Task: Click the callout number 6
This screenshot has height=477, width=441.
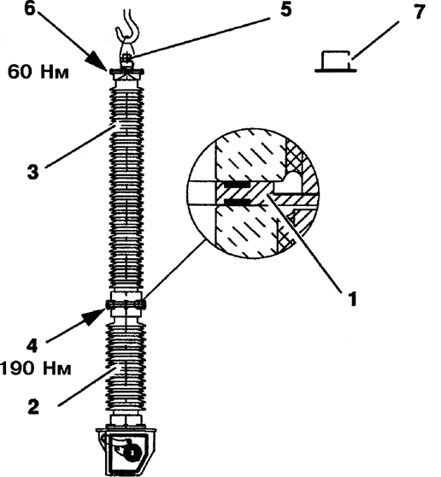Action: click(x=30, y=9)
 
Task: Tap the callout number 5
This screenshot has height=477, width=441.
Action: click(x=285, y=9)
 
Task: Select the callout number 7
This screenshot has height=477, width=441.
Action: click(x=420, y=13)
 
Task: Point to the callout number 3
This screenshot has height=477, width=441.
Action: click(x=33, y=172)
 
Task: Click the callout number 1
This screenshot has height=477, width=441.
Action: click(x=352, y=298)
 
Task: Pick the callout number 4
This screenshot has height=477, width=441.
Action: click(x=32, y=346)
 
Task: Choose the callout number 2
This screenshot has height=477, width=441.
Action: click(x=33, y=406)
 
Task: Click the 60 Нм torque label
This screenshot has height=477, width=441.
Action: click(x=38, y=73)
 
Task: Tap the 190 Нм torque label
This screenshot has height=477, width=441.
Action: click(x=36, y=368)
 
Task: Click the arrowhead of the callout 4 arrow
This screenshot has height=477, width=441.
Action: click(x=95, y=316)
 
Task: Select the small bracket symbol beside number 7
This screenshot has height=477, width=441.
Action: click(x=336, y=62)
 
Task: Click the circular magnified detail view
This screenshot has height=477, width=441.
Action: click(x=253, y=193)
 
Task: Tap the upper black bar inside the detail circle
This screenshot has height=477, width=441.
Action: click(x=237, y=185)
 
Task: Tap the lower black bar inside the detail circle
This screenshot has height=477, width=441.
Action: click(x=237, y=201)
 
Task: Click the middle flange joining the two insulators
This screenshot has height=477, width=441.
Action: click(x=126, y=304)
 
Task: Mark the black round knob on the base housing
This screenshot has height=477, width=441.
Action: click(x=133, y=451)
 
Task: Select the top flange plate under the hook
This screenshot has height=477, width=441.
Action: click(x=126, y=72)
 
